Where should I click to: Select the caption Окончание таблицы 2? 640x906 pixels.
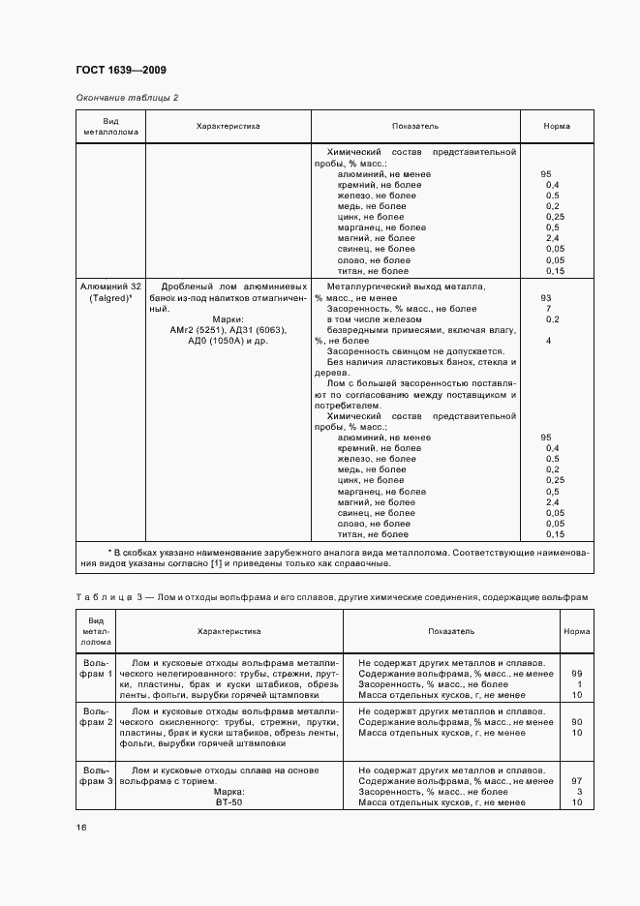(x=127, y=98)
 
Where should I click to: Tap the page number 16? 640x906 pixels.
(x=80, y=827)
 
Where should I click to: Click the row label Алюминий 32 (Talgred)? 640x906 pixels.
(x=109, y=292)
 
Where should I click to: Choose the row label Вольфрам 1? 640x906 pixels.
(x=96, y=667)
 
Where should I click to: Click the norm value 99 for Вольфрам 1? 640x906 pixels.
(x=576, y=673)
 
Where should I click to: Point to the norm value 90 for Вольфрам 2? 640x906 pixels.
(x=576, y=722)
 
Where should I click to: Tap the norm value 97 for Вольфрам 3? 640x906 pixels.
(x=576, y=780)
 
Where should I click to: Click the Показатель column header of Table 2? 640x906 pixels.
(x=415, y=126)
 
